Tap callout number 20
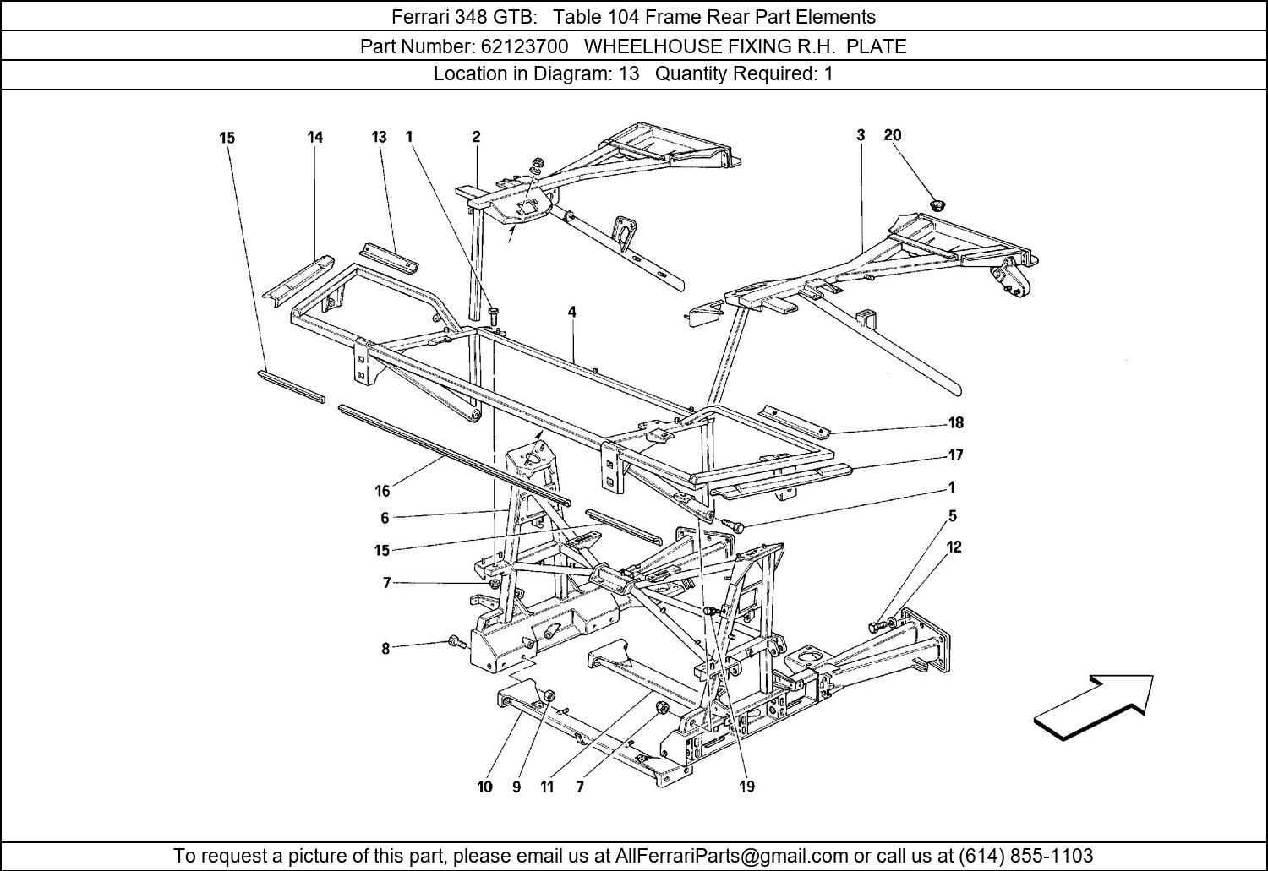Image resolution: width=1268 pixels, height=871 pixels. click(x=893, y=135)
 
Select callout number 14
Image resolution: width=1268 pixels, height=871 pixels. click(x=314, y=137)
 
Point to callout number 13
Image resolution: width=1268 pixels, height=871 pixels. click(x=379, y=137)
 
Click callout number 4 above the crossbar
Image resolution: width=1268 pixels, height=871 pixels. click(x=572, y=313)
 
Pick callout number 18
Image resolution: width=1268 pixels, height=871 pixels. click(x=956, y=423)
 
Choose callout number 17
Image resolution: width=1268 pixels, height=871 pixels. click(x=955, y=455)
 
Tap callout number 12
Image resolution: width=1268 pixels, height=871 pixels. click(x=954, y=547)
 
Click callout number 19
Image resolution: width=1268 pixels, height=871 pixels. click(x=746, y=787)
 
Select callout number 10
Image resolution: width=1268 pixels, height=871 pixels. click(x=484, y=787)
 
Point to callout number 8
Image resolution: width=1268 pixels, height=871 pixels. click(x=385, y=649)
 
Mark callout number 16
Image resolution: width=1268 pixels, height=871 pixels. click(x=382, y=491)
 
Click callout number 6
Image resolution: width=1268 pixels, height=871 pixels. click(x=385, y=518)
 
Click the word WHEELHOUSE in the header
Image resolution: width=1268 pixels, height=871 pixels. click(x=648, y=46)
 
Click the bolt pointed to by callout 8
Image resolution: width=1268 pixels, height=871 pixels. click(x=456, y=642)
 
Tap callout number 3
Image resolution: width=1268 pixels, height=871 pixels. click(x=861, y=135)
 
